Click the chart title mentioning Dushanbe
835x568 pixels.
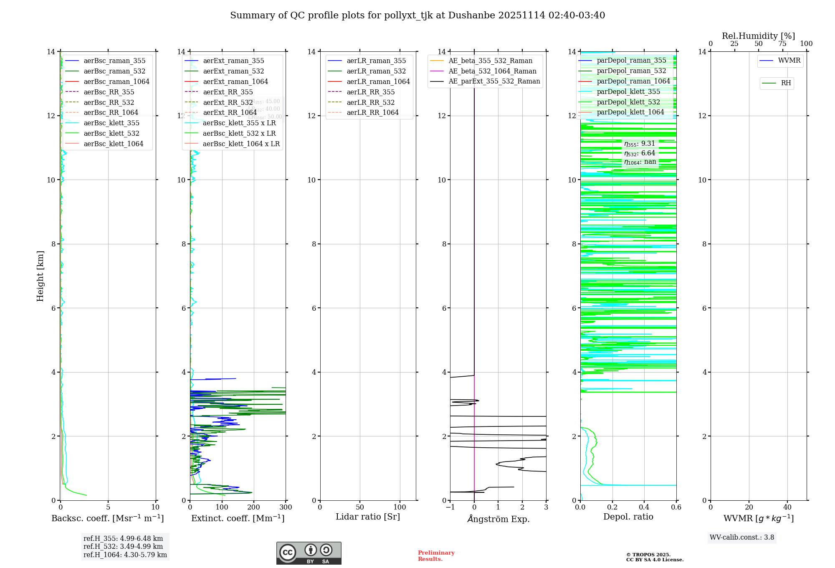(x=417, y=15)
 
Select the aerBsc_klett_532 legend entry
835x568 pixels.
(x=111, y=134)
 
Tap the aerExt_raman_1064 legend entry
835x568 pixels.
(x=235, y=82)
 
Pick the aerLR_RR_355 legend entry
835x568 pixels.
(x=370, y=92)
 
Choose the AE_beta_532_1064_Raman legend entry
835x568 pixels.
(x=492, y=71)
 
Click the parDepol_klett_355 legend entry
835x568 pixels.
(x=628, y=92)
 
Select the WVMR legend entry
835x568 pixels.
(x=789, y=61)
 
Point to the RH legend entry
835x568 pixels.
(x=786, y=83)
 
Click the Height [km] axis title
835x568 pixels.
(x=40, y=276)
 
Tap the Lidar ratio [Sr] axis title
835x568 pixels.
(x=368, y=517)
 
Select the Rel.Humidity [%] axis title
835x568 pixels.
(x=758, y=36)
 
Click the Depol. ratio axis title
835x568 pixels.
(x=628, y=517)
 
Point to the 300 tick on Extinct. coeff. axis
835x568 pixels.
(x=286, y=507)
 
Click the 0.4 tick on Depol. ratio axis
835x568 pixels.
(x=644, y=507)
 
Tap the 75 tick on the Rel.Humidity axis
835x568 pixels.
(x=782, y=44)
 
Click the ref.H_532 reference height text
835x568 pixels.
(x=123, y=547)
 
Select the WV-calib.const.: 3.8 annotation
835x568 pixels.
(x=742, y=538)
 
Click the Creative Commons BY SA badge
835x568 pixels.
(x=309, y=553)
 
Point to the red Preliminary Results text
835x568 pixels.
(x=436, y=556)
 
